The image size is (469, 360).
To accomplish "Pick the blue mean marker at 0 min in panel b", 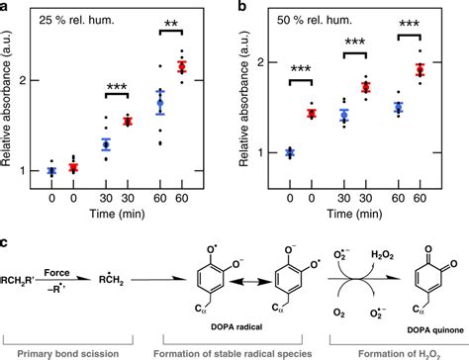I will [290, 152].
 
